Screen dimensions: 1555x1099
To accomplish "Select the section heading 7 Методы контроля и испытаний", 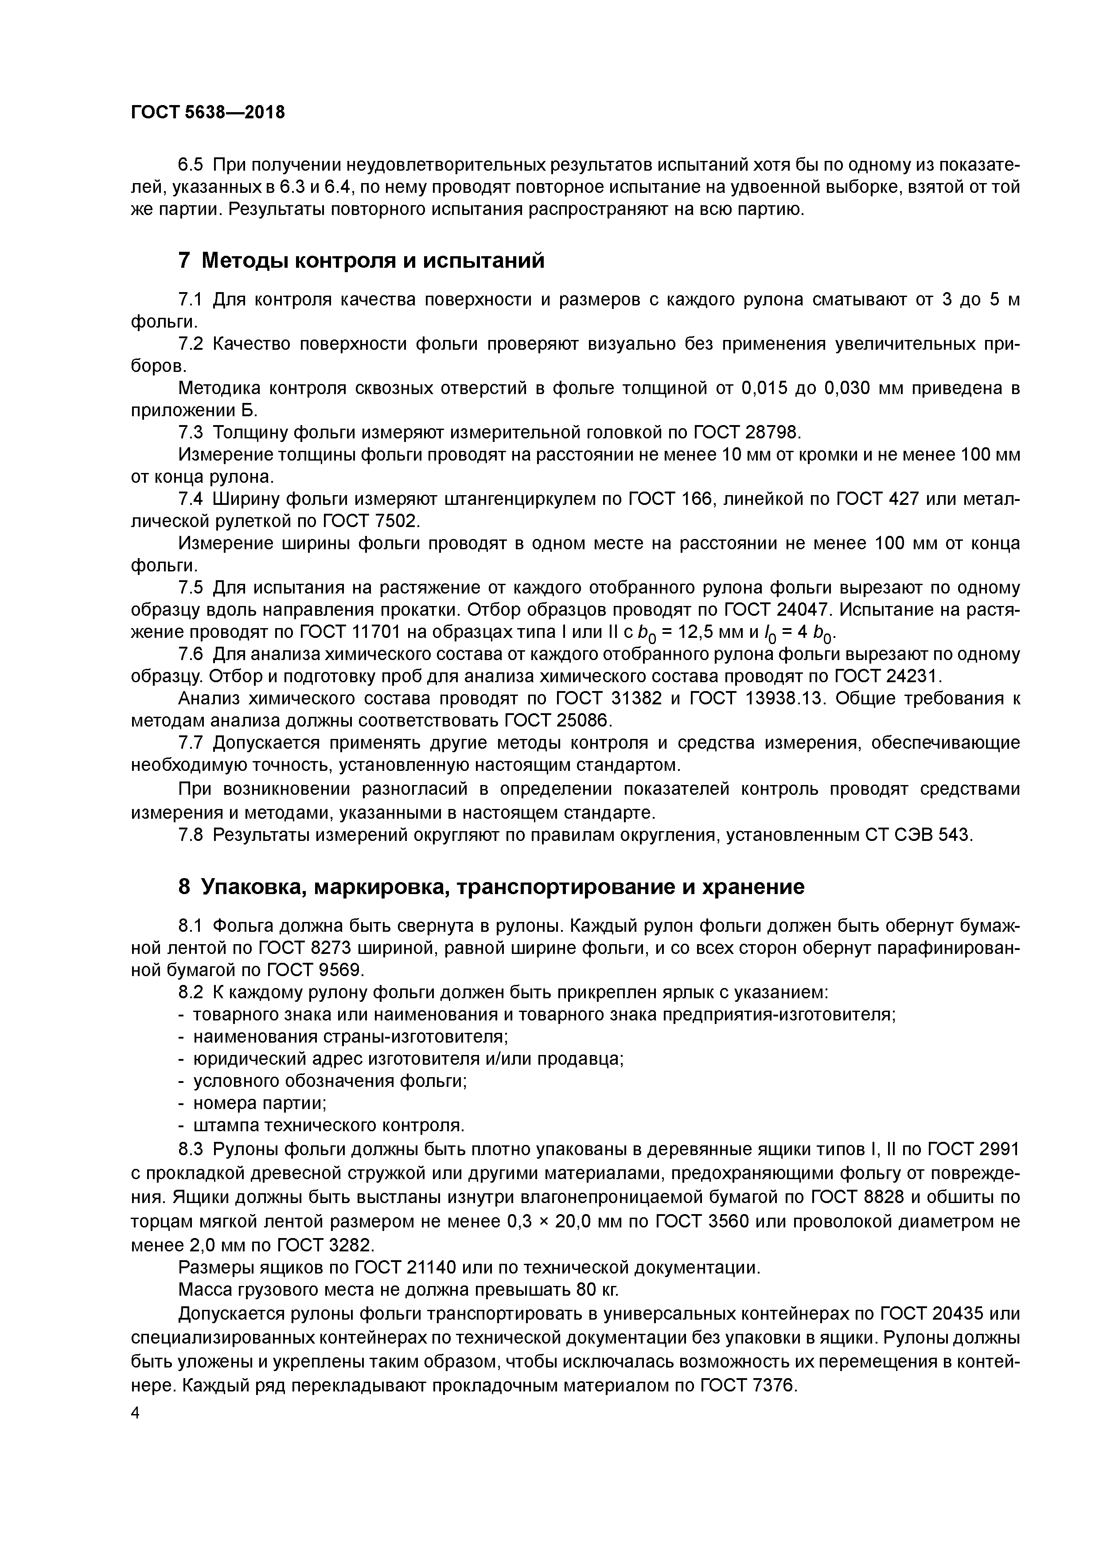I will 361,260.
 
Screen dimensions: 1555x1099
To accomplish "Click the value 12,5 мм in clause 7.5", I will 709,633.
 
